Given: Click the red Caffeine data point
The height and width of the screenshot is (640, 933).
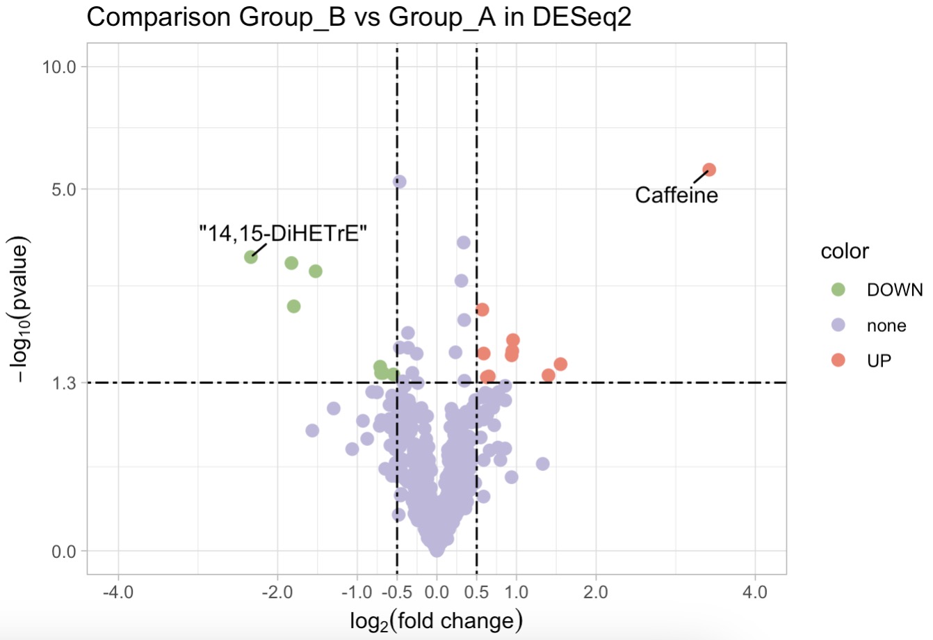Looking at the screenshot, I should click(709, 170).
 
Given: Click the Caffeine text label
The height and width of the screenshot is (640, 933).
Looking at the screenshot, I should click(676, 195).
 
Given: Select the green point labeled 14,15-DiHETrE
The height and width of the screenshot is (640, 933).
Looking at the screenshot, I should click(251, 257).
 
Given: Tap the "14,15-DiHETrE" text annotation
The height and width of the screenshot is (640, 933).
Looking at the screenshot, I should click(283, 233).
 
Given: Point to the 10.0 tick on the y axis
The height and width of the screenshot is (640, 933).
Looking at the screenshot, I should click(59, 67).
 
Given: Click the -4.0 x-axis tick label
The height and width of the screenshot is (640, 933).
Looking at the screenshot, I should click(118, 593).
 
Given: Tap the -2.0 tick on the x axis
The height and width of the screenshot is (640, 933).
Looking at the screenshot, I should click(277, 593).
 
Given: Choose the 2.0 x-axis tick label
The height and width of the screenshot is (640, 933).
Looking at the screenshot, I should click(596, 593).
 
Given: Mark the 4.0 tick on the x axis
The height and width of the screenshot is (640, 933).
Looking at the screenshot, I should click(755, 593).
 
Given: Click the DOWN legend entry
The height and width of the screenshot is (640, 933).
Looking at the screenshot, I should click(894, 290).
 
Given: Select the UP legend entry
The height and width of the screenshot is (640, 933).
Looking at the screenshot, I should click(879, 360).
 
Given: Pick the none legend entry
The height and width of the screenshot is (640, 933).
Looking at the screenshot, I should click(886, 326).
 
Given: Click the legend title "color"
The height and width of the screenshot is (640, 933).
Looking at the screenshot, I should click(845, 251).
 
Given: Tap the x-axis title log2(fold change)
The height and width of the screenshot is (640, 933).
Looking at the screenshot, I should click(436, 621).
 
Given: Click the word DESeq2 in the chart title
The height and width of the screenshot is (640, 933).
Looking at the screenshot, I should click(582, 17).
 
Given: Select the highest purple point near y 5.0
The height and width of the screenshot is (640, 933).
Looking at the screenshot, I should click(400, 182).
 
